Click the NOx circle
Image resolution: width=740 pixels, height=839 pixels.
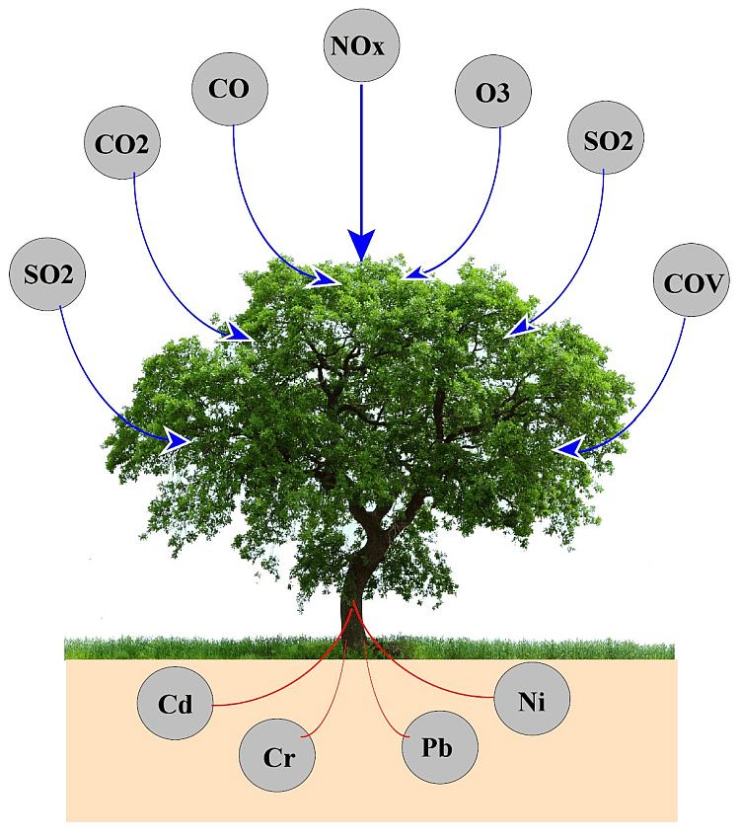click(x=361, y=45)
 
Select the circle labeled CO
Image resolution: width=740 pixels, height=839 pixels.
click(x=229, y=89)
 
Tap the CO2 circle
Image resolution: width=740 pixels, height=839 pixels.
click(x=122, y=142)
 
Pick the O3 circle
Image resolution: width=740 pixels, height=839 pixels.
click(x=493, y=92)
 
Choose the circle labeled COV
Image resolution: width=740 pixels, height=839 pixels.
click(x=692, y=280)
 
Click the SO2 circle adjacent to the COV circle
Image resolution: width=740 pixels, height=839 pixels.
click(x=606, y=138)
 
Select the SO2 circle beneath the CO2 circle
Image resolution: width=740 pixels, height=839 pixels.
click(x=47, y=274)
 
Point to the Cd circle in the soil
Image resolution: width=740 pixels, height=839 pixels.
click(x=176, y=703)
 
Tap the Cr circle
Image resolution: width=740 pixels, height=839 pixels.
click(x=277, y=755)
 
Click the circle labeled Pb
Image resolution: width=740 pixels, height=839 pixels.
click(x=439, y=747)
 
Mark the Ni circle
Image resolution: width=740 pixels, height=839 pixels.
click(x=532, y=699)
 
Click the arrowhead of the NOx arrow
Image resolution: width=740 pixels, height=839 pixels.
click(x=361, y=245)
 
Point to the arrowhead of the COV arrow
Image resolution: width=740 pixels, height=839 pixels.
click(x=569, y=448)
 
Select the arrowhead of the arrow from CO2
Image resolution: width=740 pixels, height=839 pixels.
click(x=238, y=332)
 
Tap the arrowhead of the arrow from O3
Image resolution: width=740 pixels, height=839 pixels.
click(x=419, y=273)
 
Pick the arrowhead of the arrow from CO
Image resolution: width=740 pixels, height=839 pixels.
click(x=324, y=277)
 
